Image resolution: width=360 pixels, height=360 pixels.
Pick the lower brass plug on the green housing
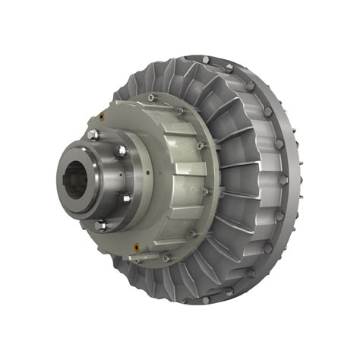[x=135, y=245]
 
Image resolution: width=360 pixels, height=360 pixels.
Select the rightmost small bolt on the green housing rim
[x=207, y=191]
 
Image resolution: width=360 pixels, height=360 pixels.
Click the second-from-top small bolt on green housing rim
[x=181, y=111]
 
